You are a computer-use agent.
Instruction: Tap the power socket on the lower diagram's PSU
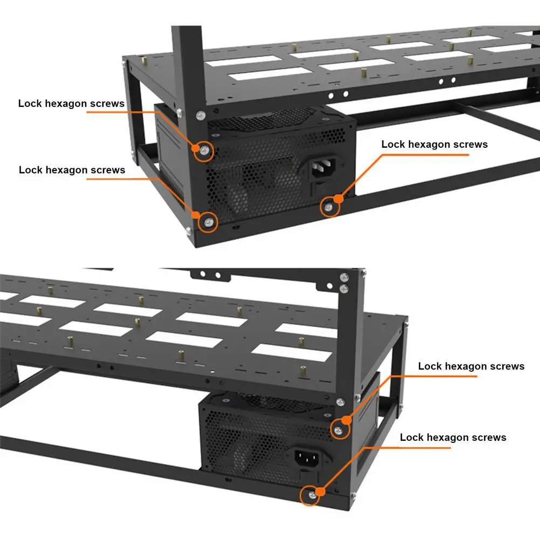pos(306,459)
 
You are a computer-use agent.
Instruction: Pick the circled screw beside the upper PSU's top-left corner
pos(204,151)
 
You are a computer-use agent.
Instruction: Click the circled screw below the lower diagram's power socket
pos(311,495)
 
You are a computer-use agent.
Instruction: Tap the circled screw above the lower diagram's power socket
pos(338,429)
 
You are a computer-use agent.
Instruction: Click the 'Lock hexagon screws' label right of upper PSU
pos(434,145)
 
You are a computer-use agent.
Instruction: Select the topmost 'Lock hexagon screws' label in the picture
pos(71,103)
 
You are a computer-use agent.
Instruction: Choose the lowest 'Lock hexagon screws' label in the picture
pos(453,437)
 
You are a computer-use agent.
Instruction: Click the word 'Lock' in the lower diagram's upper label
pos(429,366)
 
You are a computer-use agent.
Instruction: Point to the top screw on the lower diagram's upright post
pos(344,278)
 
